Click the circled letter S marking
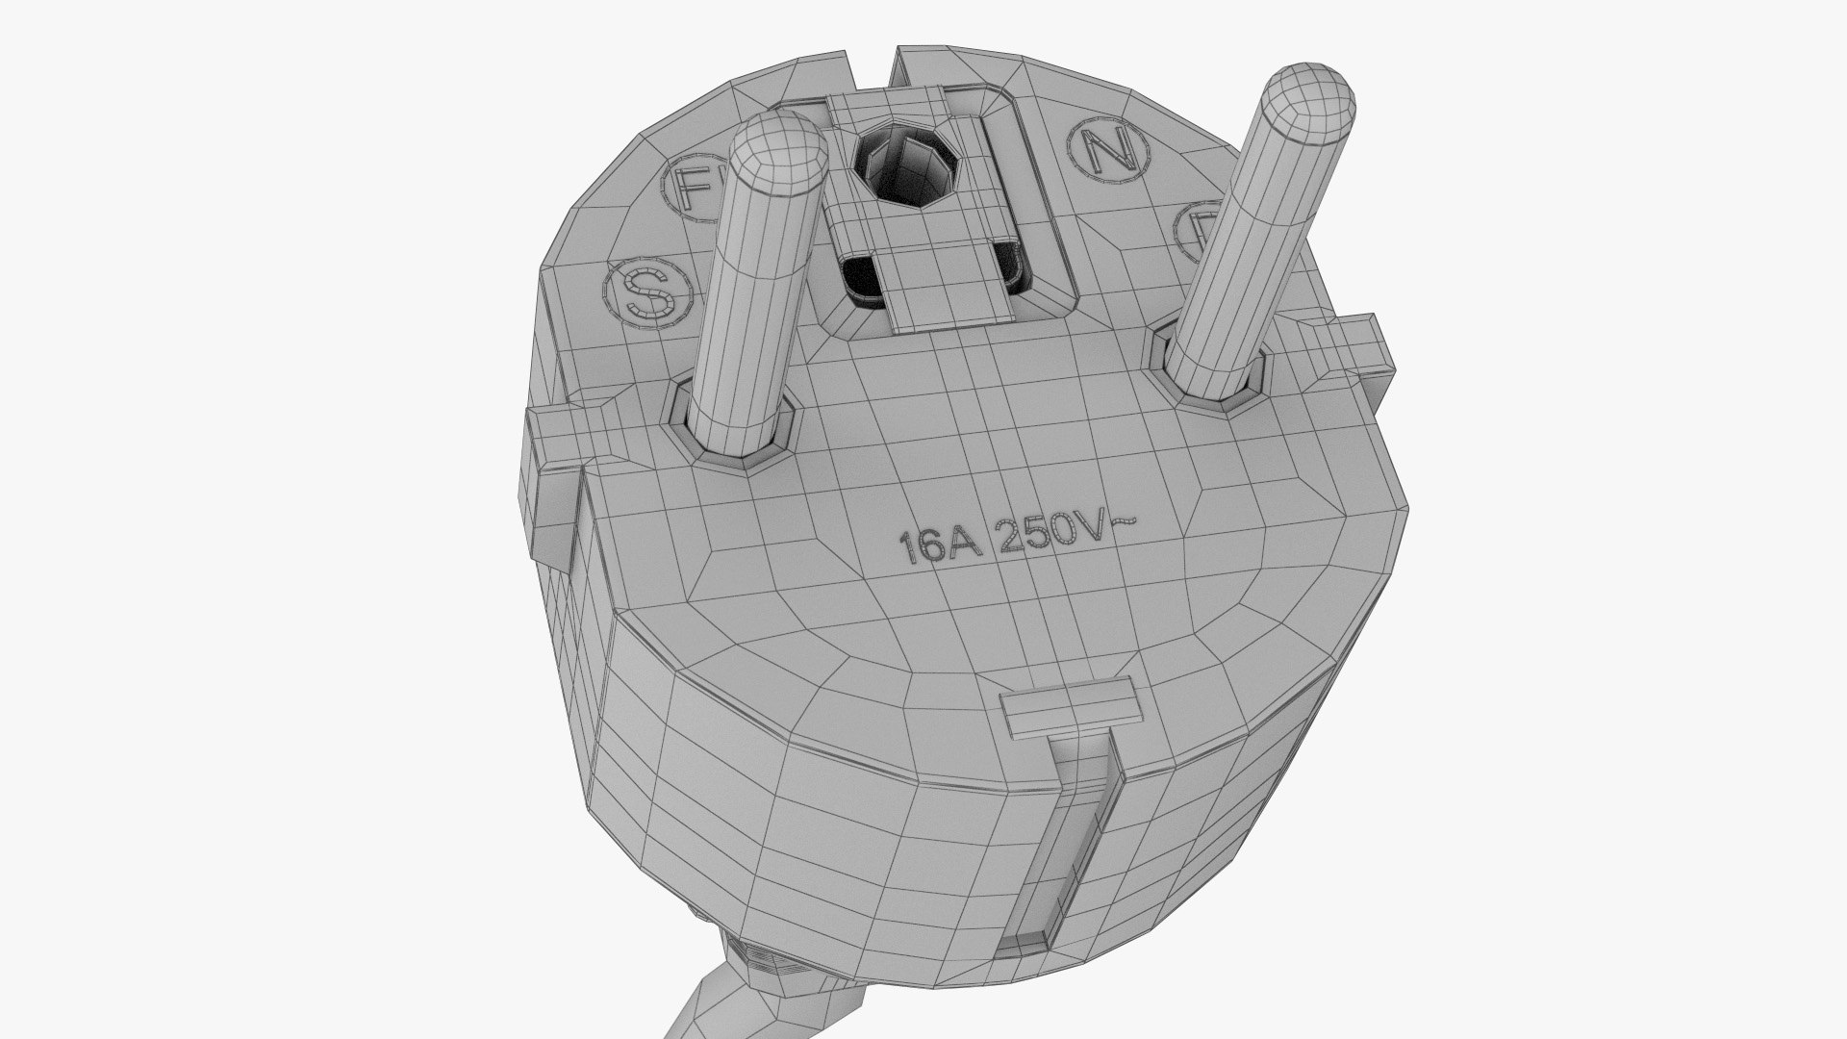(x=646, y=293)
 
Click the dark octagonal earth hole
(x=906, y=168)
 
